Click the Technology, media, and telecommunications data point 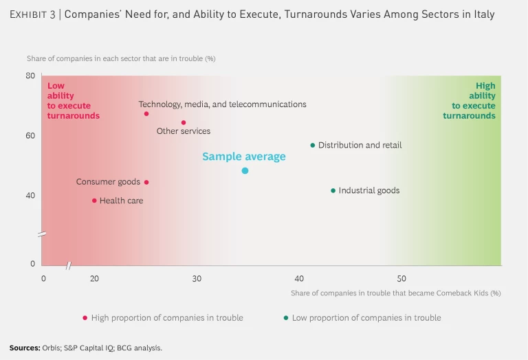[146, 114]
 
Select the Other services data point [184, 123]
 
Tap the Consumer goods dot [146, 182]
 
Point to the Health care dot [94, 201]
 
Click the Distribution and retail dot [313, 145]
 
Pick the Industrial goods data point [333, 190]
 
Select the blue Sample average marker [245, 170]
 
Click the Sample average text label [243, 157]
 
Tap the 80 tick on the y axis [31, 76]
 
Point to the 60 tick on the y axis [31, 136]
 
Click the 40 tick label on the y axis [31, 196]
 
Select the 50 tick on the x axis [401, 278]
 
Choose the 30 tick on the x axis [197, 278]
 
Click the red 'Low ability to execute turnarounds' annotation [73, 101]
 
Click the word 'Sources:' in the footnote [24, 348]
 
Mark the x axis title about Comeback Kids [395, 293]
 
